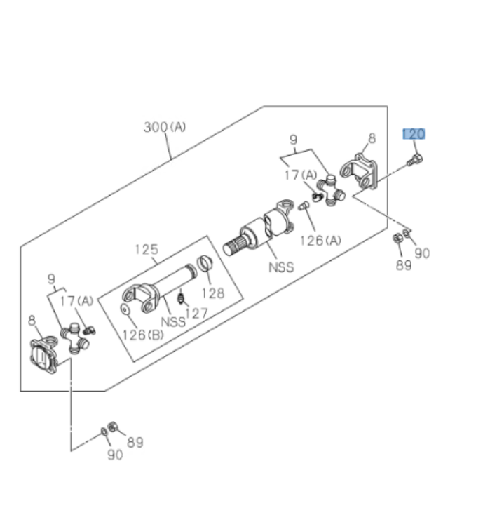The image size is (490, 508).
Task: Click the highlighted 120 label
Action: point(414,134)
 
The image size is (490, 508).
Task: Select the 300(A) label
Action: point(165,127)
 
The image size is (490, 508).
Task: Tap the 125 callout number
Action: point(146,249)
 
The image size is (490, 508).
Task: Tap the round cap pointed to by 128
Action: point(203,264)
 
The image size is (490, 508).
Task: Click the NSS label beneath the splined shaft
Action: point(280,267)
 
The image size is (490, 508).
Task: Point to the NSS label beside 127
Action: point(173,321)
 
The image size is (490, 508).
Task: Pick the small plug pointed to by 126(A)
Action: point(304,206)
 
